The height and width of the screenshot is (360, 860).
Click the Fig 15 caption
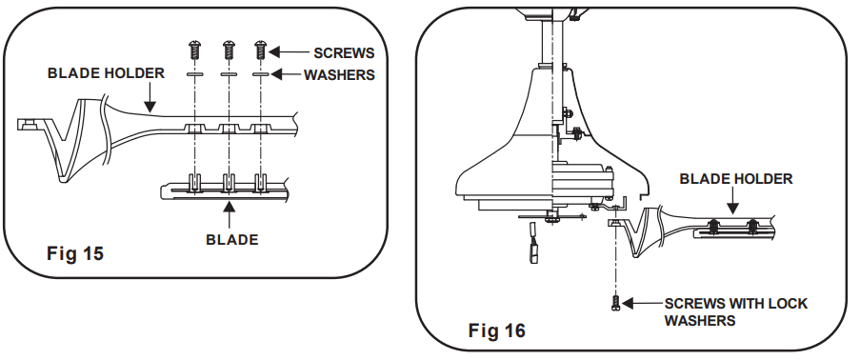(74, 253)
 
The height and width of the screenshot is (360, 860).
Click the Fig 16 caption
(496, 330)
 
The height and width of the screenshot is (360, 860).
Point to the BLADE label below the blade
(231, 240)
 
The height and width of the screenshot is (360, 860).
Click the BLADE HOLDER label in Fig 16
(735, 178)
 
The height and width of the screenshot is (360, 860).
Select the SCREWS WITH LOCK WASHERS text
(735, 312)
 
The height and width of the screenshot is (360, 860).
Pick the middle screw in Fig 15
(228, 46)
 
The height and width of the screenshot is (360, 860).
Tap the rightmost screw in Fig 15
(260, 46)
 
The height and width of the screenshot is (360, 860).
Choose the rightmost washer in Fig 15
(260, 73)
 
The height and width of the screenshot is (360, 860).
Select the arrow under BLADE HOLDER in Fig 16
(733, 200)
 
